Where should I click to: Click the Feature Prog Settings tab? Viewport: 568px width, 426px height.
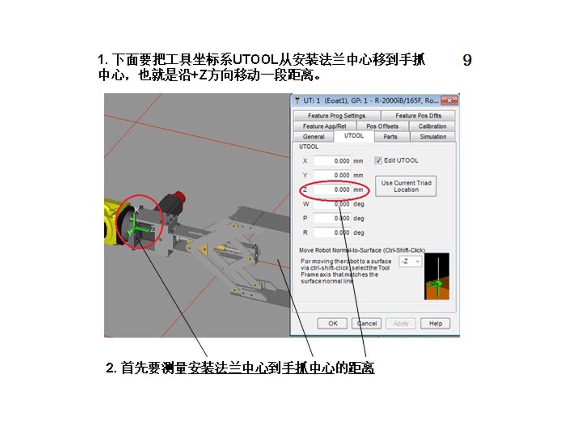click(337, 116)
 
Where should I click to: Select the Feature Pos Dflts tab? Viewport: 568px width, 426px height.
click(418, 116)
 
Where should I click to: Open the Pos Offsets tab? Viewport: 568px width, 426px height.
click(382, 126)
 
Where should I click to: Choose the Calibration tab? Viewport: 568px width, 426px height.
click(432, 126)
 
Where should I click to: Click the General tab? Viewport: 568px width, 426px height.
click(313, 136)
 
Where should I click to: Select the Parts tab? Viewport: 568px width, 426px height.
click(390, 136)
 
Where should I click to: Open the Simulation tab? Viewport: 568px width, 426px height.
click(433, 136)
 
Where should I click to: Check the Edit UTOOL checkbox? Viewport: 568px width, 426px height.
click(378, 161)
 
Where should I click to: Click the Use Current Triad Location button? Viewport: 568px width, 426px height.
click(406, 186)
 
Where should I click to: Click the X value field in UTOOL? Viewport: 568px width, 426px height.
click(332, 161)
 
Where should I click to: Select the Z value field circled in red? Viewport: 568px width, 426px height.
click(332, 190)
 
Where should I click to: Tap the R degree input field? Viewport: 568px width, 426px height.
click(332, 233)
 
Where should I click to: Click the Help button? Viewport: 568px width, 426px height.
click(435, 323)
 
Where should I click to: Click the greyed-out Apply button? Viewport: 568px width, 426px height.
click(401, 323)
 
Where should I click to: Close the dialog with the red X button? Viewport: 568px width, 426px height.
click(449, 101)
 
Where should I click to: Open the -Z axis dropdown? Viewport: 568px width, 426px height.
click(410, 262)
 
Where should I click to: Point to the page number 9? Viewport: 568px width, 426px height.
click(467, 60)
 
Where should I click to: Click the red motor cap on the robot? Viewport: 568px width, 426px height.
click(178, 198)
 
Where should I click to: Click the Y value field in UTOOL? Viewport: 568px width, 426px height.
click(332, 175)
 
